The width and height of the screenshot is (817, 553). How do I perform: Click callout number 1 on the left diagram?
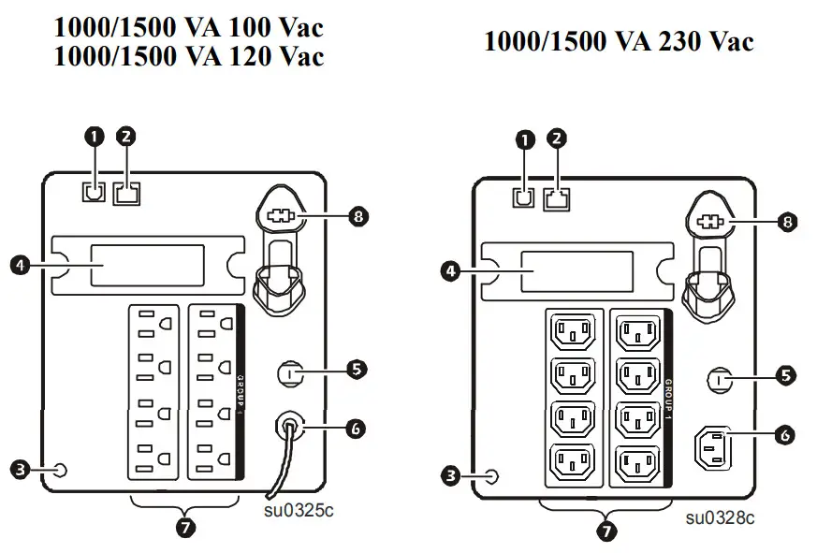click(x=94, y=136)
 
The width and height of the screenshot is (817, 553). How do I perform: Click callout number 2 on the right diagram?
click(x=557, y=138)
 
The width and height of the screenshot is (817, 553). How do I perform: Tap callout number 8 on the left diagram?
click(x=357, y=217)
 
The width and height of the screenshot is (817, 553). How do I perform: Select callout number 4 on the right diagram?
click(x=450, y=271)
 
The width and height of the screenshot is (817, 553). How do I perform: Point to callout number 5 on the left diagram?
click(x=356, y=369)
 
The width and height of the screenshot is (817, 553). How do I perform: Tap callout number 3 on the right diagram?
click(x=450, y=476)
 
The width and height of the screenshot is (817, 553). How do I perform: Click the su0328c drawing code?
click(x=720, y=517)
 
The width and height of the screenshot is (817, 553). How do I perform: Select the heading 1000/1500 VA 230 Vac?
click(x=619, y=41)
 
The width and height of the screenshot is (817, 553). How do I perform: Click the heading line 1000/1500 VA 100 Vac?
click(x=188, y=25)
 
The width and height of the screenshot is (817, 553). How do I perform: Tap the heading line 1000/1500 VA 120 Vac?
click(x=188, y=57)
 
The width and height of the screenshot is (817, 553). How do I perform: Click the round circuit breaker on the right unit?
click(x=720, y=380)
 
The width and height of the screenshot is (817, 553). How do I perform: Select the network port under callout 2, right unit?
click(x=557, y=196)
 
